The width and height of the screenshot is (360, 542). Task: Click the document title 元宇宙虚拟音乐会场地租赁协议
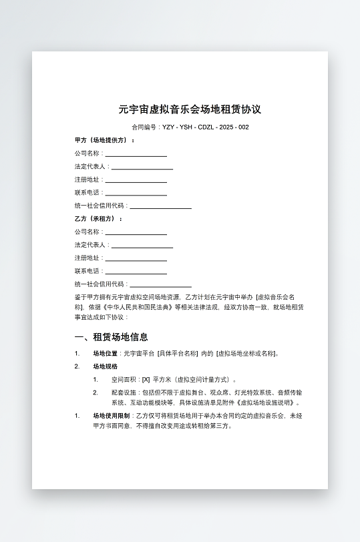pos(190,109)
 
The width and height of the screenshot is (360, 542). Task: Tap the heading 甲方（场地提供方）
pos(105,141)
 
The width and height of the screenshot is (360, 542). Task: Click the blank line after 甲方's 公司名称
pos(136,154)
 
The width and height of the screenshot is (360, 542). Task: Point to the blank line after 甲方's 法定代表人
pos(142,167)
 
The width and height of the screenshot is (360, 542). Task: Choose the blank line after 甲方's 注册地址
pos(136,180)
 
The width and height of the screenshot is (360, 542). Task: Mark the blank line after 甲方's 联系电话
pos(136,193)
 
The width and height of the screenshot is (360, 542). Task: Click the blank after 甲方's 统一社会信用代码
pos(160,206)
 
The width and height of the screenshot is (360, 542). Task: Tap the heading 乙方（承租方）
pos(99,219)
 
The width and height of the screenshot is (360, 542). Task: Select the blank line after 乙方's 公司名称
pos(136,232)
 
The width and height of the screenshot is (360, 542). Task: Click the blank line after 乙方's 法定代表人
pos(142,245)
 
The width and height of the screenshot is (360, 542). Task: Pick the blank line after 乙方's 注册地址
pos(136,258)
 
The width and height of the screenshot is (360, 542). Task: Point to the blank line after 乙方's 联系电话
pos(136,271)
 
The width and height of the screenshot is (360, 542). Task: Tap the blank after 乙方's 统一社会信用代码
pos(160,284)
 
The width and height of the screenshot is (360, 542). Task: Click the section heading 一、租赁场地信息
pos(112,337)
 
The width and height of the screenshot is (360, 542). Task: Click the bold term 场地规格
pos(105,366)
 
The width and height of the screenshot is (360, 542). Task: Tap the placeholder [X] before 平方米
pos(146,379)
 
